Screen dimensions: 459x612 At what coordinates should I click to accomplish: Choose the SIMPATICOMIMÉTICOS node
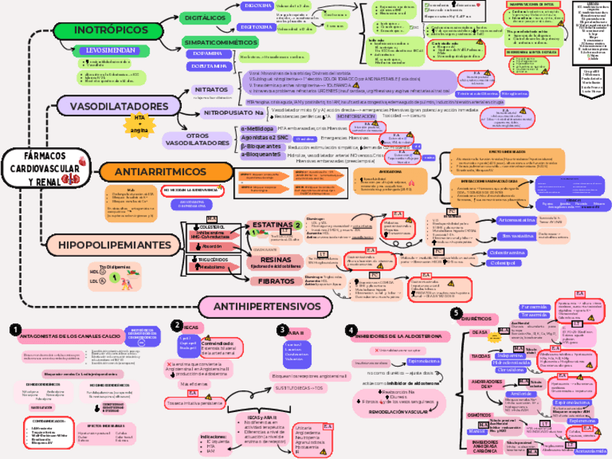tap(219, 42)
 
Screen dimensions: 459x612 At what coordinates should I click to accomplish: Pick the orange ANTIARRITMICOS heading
tap(150, 172)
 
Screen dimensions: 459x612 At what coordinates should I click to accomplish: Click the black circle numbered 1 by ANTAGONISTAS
tap(14, 329)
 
